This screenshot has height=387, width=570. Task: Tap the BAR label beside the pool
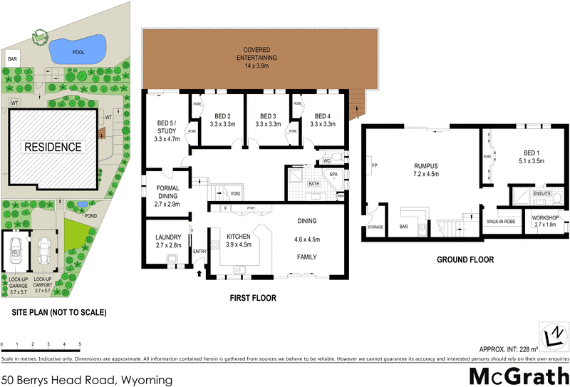[x=12, y=59]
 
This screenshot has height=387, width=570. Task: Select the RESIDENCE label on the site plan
[x=53, y=148]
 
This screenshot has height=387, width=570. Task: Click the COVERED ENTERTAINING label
[x=261, y=53]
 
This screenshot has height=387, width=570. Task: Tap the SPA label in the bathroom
[x=333, y=174]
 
